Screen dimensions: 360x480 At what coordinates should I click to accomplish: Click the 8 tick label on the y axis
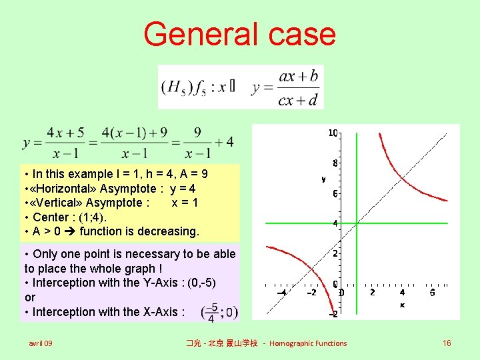click(x=335, y=163)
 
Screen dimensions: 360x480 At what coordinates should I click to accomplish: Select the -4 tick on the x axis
click(x=282, y=293)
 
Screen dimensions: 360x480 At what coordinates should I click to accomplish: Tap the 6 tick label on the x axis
click(x=432, y=293)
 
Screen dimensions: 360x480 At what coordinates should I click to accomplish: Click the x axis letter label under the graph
click(x=402, y=305)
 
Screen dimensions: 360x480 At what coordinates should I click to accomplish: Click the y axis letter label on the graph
click(x=323, y=179)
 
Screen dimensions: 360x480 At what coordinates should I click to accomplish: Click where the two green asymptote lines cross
click(x=357, y=223)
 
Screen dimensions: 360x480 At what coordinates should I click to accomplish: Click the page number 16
click(x=447, y=343)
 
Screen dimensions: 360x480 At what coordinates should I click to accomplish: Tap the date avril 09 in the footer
click(x=41, y=343)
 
